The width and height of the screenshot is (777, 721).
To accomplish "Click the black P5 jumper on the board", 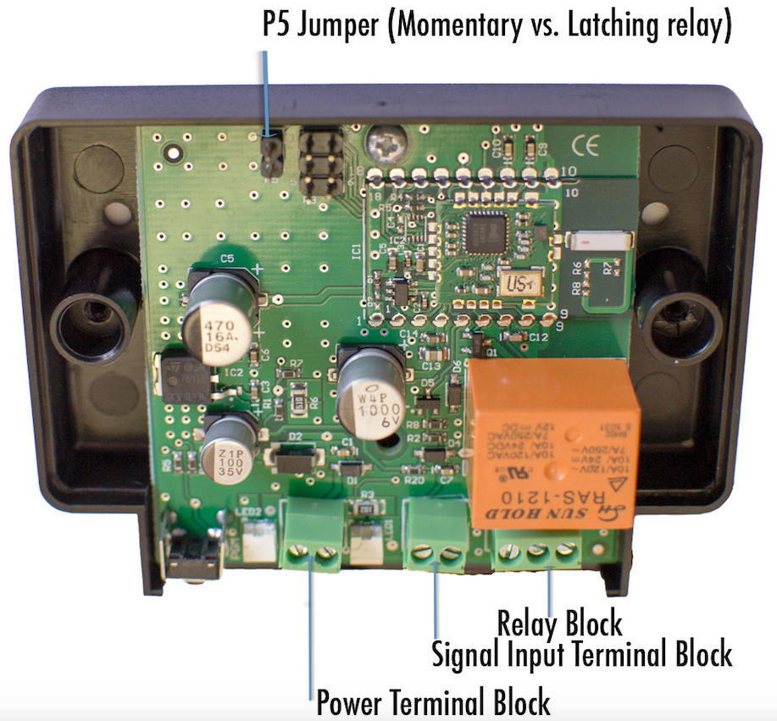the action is pos(271,158).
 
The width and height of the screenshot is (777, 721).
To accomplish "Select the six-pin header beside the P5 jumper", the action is pos(320,164).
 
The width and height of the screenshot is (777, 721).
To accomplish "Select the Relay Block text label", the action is pos(559,624).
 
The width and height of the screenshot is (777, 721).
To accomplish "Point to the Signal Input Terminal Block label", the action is pos(581,654).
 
